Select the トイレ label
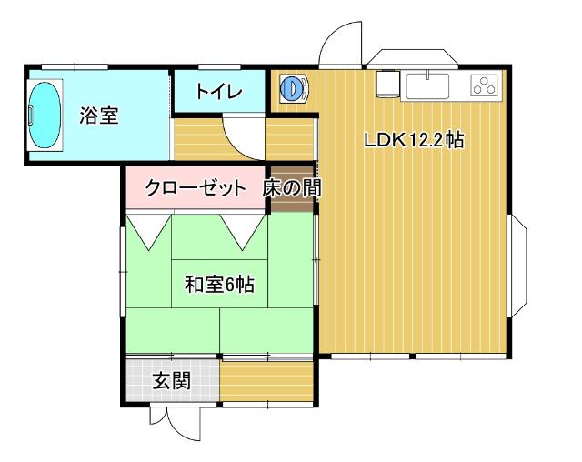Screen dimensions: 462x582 point(219,92)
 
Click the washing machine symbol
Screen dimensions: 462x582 point(293,88)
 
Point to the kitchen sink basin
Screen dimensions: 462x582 point(427,85)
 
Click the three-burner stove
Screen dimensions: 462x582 point(483,85)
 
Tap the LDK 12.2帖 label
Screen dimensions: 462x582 point(415,141)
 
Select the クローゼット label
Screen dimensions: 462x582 point(196,189)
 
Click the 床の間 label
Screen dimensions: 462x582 point(291,189)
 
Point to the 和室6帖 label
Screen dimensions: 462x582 point(219,285)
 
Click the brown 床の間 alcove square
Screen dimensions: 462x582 point(291,191)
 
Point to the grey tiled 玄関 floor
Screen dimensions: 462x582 point(171,380)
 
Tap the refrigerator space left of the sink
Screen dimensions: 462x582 point(387,83)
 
